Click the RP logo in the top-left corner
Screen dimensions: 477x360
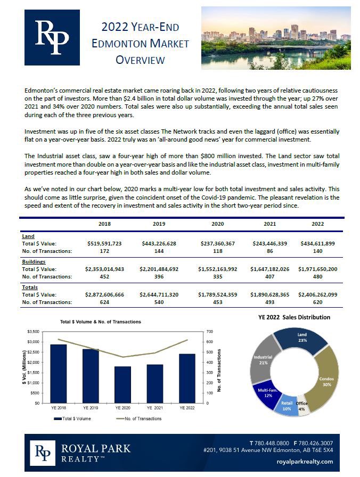coord(52,37)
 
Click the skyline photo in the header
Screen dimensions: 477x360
coord(275,38)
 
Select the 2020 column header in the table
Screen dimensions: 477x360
coord(217,224)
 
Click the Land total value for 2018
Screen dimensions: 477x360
coord(104,243)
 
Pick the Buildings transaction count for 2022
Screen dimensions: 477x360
coord(324,276)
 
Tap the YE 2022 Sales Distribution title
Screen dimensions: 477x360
coord(294,317)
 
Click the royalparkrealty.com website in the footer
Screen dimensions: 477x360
coord(306,462)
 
